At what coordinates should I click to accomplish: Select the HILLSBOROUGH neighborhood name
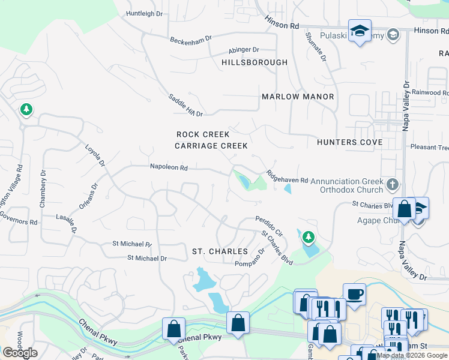254,62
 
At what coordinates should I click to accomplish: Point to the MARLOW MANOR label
298,97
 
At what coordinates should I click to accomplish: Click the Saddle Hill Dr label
185,105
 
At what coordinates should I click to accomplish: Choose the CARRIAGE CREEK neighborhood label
211,146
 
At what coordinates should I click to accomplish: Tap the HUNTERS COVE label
349,142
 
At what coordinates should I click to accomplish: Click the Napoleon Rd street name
169,168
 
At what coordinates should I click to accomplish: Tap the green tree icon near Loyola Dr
26,109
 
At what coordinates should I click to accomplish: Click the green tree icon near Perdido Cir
308,238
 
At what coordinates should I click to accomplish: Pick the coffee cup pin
354,294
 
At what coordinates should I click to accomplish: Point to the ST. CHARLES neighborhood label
220,251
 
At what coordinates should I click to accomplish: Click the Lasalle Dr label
66,221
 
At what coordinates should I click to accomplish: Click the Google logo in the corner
20,353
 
